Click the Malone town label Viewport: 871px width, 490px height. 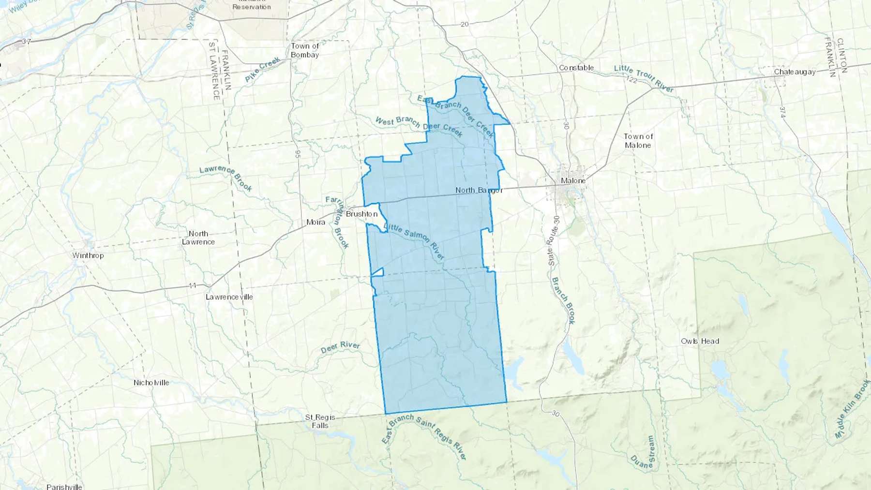(573, 180)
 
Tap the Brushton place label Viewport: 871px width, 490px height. (361, 214)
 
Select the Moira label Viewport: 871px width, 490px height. (315, 222)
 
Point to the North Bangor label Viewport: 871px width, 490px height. (479, 190)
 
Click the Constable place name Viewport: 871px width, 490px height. (576, 68)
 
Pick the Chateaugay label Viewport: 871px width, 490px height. (794, 72)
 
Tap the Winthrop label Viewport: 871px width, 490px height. (88, 255)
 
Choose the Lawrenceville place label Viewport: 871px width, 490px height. (229, 297)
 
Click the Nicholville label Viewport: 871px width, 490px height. (151, 383)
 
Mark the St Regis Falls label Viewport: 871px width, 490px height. (320, 421)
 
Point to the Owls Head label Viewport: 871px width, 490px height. (700, 341)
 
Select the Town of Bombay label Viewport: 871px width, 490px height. (305, 50)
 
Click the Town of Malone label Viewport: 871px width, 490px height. (638, 141)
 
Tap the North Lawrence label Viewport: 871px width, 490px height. (198, 238)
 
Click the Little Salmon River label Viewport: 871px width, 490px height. (414, 241)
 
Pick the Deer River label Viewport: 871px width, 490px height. (340, 347)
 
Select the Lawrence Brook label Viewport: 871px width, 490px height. (226, 178)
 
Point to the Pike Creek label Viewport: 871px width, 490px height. (262, 70)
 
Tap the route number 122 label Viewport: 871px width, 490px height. (631, 79)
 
